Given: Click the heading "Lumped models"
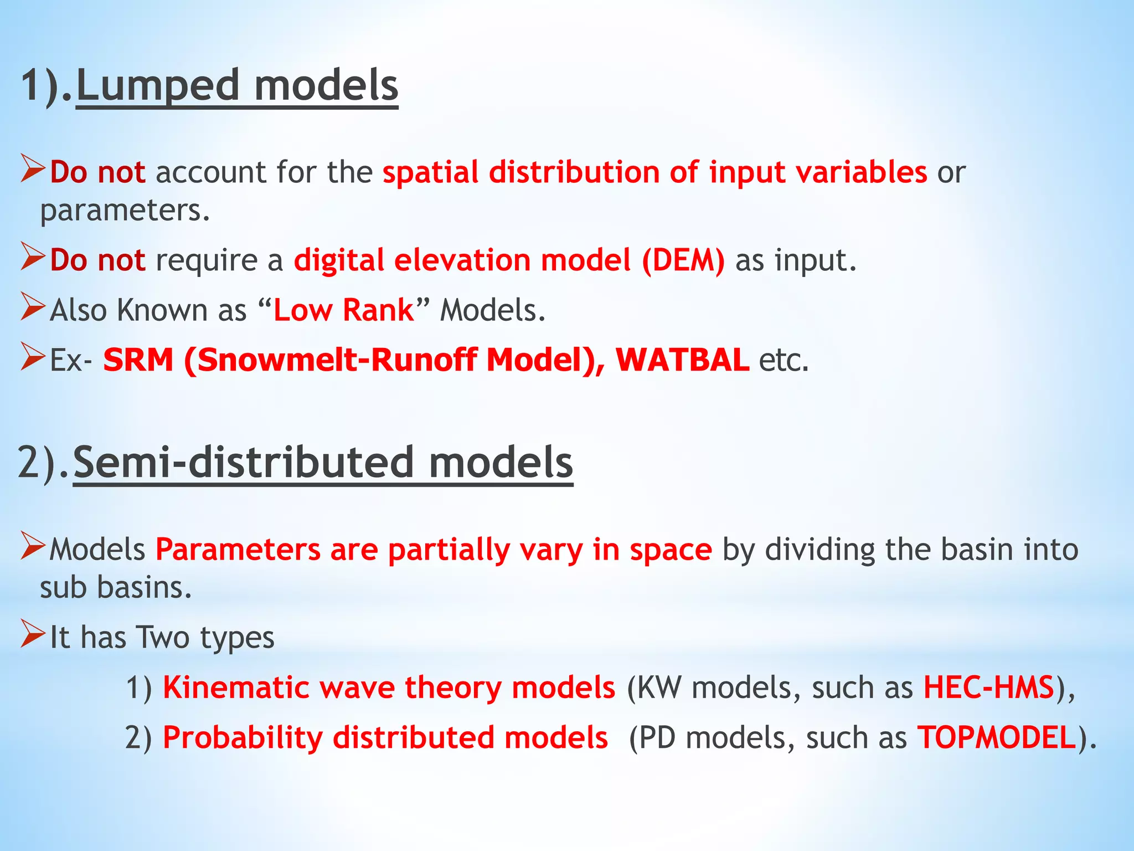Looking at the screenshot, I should coord(237,86).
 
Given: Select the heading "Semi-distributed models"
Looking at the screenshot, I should coord(323,463).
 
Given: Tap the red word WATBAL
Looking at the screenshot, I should coord(682,360).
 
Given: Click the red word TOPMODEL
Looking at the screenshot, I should coord(997,738).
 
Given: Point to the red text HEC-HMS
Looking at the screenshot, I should coord(988,688).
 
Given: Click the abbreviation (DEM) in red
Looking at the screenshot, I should coord(683,260).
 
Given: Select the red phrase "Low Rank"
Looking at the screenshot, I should coord(343,310).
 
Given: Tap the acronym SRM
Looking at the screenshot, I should coord(138,360).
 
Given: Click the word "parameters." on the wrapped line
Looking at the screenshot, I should coord(125,211).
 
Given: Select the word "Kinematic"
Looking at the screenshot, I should coord(236,688).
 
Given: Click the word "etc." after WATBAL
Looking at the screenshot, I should coord(784,360).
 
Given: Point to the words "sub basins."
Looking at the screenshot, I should coord(116,587).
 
